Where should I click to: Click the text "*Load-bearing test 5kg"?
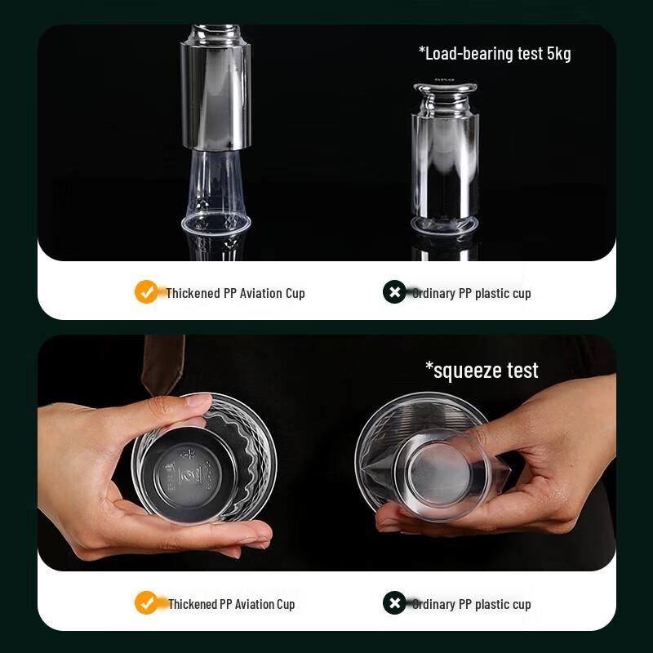click(495, 54)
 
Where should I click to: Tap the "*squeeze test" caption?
click(482, 371)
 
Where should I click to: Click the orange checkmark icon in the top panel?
click(146, 292)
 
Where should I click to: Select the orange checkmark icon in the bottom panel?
click(146, 603)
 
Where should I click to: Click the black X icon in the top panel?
click(394, 292)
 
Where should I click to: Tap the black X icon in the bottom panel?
click(394, 603)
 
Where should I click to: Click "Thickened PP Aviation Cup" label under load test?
click(235, 293)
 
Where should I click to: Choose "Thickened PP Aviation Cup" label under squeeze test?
click(231, 604)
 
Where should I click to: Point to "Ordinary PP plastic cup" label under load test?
click(471, 293)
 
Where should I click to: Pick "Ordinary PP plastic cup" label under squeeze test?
click(471, 604)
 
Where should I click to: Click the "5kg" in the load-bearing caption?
click(558, 54)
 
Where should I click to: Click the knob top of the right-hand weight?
click(445, 87)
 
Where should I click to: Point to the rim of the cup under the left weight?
click(215, 221)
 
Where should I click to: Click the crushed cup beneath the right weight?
click(445, 223)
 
